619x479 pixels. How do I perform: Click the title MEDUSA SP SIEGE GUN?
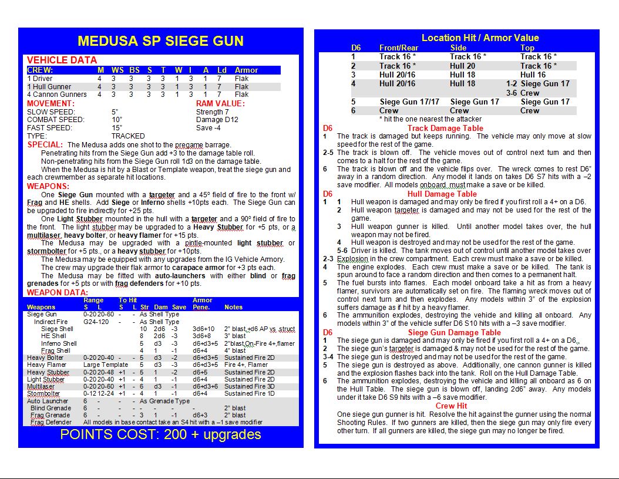tap(160, 41)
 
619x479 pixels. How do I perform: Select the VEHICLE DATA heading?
tap(62, 60)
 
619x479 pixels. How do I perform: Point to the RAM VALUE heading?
tap(220, 103)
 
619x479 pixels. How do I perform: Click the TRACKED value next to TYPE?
tap(128, 136)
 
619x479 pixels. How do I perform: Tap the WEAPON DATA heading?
tap(58, 292)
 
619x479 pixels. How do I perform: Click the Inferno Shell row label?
tap(59, 343)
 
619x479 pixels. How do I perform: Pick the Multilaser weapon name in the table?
tap(41, 386)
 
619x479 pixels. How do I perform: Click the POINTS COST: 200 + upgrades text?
tap(160, 434)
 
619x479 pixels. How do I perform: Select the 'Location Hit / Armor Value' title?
tap(480, 38)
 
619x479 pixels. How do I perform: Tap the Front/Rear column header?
tap(399, 48)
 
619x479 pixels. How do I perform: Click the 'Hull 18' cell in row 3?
tap(462, 75)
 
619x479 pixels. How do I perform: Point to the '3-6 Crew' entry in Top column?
tap(523, 93)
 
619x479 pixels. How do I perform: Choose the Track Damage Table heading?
tap(445, 128)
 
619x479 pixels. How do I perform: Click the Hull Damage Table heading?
tap(442, 194)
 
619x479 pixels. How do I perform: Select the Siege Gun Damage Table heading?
tap(454, 332)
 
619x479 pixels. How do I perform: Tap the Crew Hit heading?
tap(451, 406)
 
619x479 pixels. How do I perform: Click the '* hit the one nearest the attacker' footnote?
tap(430, 119)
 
